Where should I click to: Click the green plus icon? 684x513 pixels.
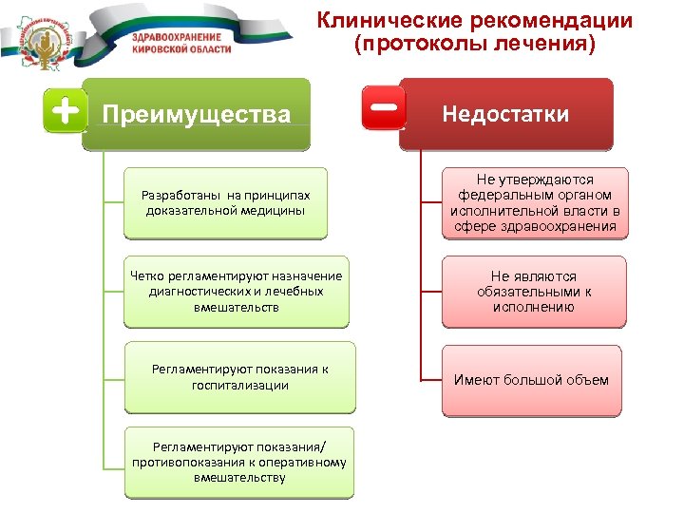[65, 113]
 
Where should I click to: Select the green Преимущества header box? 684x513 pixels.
[197, 115]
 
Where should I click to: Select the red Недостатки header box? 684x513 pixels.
[505, 114]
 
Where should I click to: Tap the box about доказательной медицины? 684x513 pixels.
[225, 202]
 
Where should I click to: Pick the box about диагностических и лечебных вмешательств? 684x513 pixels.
[237, 292]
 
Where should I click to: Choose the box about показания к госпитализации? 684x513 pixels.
[239, 376]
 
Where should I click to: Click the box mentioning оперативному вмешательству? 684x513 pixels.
[239, 462]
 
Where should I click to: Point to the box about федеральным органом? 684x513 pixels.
[535, 202]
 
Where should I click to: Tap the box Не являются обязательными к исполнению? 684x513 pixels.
[533, 292]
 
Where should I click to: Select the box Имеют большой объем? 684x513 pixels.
[531, 380]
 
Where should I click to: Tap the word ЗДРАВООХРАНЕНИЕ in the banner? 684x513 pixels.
[176, 34]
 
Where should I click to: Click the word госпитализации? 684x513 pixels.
[240, 385]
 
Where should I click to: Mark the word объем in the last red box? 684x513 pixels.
[586, 380]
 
